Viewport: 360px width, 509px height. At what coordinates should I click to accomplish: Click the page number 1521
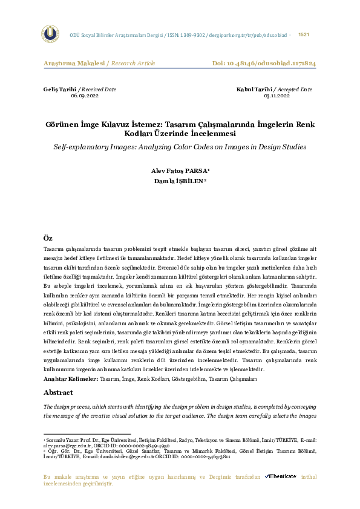pos(304,35)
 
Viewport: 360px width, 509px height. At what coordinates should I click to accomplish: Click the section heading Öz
pos(48,238)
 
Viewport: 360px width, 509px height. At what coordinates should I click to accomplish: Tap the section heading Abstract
pos(59,392)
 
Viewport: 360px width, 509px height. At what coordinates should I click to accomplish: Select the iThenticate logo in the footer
pos(281,476)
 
